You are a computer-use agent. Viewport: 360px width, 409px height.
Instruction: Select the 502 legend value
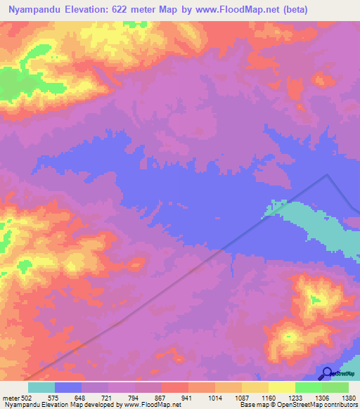27,397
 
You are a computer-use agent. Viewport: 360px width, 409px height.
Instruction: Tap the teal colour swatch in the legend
41,387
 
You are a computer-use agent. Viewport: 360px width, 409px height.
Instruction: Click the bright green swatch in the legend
309,387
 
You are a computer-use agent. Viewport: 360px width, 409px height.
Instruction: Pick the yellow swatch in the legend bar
282,387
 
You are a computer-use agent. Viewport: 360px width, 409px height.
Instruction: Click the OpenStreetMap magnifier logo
326,374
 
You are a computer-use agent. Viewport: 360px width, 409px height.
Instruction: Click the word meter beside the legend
9,397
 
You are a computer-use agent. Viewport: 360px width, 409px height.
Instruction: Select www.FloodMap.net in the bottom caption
151,405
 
